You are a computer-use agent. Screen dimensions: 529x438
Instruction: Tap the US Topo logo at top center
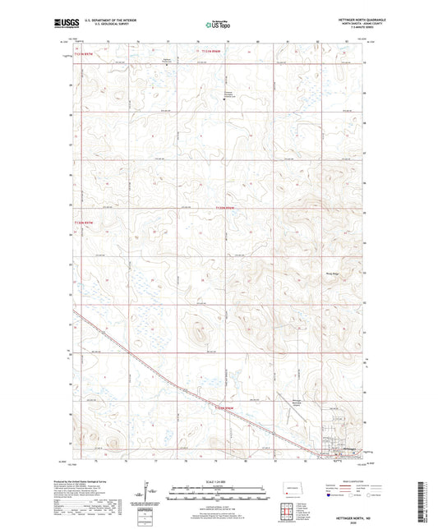pyautogui.click(x=217, y=25)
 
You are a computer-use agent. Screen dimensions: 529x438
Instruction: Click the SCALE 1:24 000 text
pyautogui.click(x=218, y=481)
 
